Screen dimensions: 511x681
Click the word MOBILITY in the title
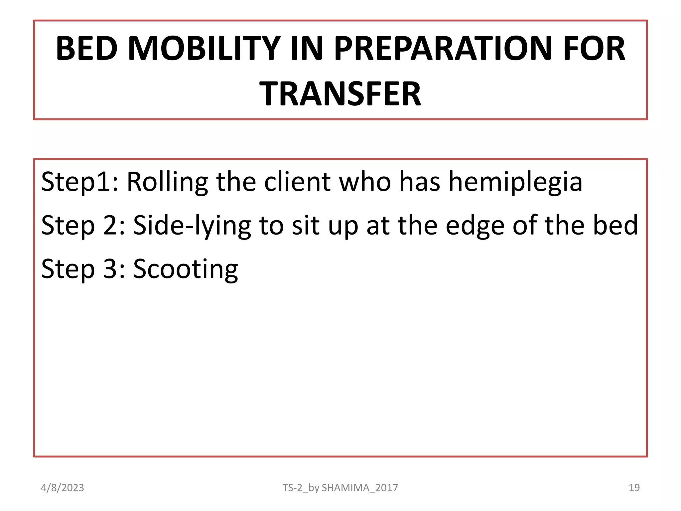pyautogui.click(x=204, y=49)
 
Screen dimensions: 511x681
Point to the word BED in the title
pyautogui.click(x=86, y=49)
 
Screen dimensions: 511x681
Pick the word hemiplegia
pyautogui.click(x=515, y=182)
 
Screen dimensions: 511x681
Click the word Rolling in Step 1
pyautogui.click(x=167, y=182)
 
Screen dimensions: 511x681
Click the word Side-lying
pyautogui.click(x=192, y=226)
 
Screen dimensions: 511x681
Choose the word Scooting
pyautogui.click(x=186, y=269)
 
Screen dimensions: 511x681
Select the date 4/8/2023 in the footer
pyautogui.click(x=63, y=488)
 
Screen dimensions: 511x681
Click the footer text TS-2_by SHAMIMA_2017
pyautogui.click(x=340, y=488)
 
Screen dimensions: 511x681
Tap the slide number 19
pyautogui.click(x=634, y=488)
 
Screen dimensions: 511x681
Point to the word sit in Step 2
pyautogui.click(x=306, y=226)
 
